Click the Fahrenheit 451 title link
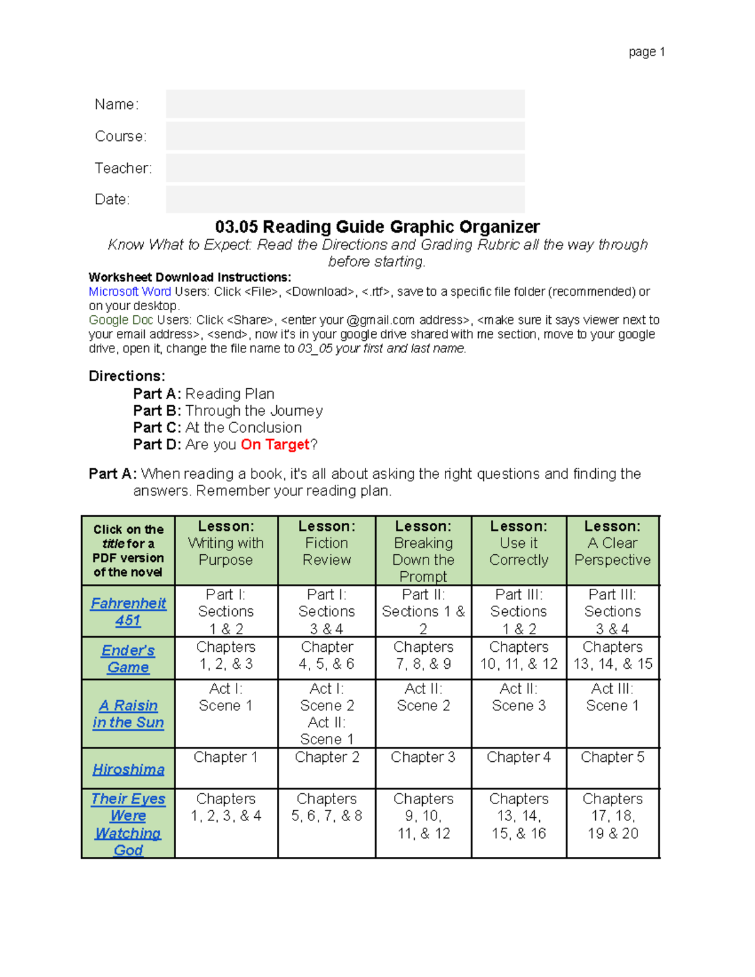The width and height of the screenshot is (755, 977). point(128,611)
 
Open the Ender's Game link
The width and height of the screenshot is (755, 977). point(128,658)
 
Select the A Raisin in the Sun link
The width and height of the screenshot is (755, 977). point(128,713)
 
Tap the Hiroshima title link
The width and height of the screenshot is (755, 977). point(128,769)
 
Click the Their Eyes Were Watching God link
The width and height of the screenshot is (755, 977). point(128,823)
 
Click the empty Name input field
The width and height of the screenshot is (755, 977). point(345,104)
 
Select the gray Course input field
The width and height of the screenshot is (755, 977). point(345,136)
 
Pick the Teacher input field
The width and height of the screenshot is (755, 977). point(345,168)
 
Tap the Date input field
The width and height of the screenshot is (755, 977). point(345,199)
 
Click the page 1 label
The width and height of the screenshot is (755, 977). point(647,52)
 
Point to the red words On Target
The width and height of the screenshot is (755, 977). point(275,444)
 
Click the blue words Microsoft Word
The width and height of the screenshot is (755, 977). point(130,291)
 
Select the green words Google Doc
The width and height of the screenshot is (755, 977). point(121,320)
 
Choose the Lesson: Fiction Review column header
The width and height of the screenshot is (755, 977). point(327,543)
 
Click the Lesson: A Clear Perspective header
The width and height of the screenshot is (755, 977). point(612,543)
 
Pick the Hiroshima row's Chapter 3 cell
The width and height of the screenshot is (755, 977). point(423,757)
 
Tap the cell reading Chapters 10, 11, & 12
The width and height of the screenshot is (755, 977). point(518,655)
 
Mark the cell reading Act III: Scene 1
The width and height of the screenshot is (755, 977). point(612,697)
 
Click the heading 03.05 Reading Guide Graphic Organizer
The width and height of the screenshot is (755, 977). point(377,226)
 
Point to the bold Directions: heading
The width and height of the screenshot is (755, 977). point(126,376)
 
